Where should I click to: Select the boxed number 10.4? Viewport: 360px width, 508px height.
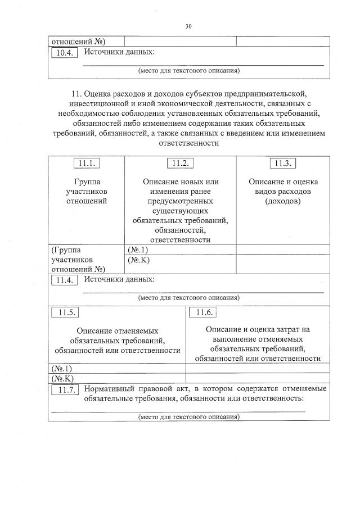[64, 53]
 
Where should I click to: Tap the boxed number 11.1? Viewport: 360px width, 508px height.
[87, 163]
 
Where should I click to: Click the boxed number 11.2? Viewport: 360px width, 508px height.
[181, 163]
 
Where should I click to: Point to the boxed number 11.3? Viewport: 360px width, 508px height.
[283, 163]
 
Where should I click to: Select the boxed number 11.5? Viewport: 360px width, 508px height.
[64, 312]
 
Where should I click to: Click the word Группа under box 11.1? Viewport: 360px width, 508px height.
[87, 182]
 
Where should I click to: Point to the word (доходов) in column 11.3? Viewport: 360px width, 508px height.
[283, 201]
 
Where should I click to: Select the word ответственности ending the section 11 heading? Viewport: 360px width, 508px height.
[189, 143]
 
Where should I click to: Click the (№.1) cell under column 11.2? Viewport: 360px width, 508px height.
[138, 250]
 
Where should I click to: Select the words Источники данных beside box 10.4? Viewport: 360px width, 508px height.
[119, 52]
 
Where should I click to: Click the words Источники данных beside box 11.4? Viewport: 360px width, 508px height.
[119, 279]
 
